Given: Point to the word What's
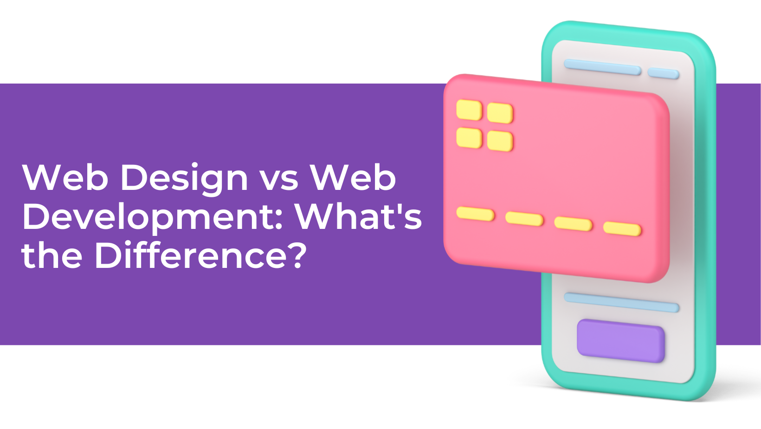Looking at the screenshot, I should [x=358, y=216].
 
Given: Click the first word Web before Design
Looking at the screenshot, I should [x=65, y=177].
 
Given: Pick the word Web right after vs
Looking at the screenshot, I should [x=353, y=177].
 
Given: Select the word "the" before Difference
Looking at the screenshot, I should [x=52, y=256].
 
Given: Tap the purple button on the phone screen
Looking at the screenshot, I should [x=620, y=340].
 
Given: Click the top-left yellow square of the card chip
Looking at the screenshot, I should [x=469, y=110].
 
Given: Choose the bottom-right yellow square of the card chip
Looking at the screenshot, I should [x=500, y=141].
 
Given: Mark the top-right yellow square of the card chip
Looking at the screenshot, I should [x=500, y=113].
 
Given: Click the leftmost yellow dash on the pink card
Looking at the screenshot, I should [x=475, y=214].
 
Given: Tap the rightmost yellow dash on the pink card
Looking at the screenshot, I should [x=622, y=229].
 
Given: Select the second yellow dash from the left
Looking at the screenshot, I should [x=524, y=219].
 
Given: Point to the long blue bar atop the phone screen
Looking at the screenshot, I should [x=602, y=67].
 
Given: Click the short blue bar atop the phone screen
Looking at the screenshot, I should [x=664, y=73].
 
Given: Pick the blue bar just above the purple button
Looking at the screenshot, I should [x=621, y=302].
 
